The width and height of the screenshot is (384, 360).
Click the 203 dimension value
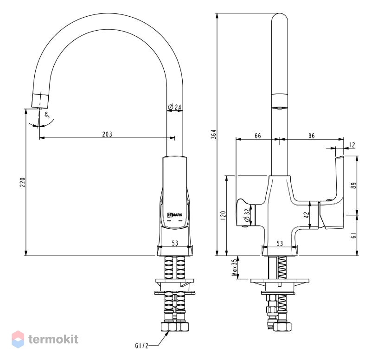pos(107,134)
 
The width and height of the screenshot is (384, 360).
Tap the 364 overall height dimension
pos(214,134)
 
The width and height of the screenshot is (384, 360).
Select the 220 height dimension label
pos(23,182)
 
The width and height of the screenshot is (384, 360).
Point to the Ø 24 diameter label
pos(175,107)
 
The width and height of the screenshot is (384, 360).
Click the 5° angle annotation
pos(47,115)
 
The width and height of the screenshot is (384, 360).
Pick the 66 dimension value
pos(258,135)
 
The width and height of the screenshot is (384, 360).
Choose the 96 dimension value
pos(311,135)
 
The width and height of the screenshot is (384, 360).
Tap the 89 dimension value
pos(354,185)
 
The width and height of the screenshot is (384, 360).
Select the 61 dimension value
pos(354,236)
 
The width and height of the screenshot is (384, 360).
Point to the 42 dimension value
pos(307,215)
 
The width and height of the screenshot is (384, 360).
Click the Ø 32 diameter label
pos(247,215)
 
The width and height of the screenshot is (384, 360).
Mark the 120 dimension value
pos(223,216)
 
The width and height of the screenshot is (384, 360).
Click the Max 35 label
pos(235,267)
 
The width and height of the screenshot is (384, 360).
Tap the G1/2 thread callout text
pos(142,346)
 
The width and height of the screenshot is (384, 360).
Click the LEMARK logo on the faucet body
pos(175,215)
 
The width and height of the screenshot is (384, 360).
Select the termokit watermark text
pos(53,339)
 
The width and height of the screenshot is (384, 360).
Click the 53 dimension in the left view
pos(175,243)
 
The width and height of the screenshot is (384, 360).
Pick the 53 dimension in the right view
pos(280,244)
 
